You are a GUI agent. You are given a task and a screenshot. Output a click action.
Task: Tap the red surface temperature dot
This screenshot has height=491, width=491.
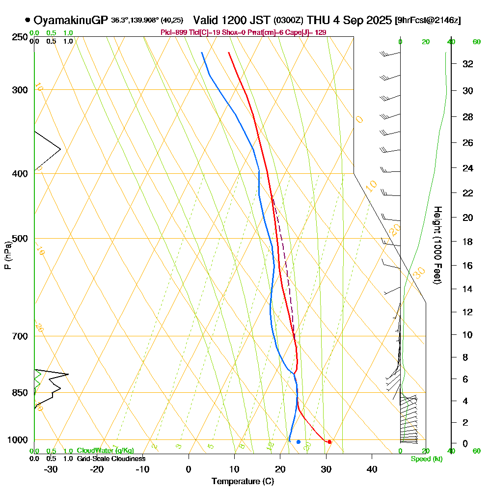(x=329, y=442)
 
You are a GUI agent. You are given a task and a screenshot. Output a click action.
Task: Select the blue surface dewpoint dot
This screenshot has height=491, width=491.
(x=298, y=442)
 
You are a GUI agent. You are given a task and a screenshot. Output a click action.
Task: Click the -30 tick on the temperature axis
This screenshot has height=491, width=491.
(x=51, y=469)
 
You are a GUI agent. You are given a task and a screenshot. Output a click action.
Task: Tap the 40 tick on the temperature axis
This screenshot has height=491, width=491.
(x=372, y=469)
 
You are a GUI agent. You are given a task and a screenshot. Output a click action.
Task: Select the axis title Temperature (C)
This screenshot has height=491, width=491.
(x=243, y=482)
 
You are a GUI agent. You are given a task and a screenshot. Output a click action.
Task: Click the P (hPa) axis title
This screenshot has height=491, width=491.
(x=7, y=255)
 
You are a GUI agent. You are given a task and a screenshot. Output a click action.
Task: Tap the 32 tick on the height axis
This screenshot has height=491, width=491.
(x=468, y=64)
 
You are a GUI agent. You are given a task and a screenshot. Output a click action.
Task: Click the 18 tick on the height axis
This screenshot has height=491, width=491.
(x=468, y=242)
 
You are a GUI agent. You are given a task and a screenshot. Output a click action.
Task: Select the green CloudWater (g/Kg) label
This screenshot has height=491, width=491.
(x=105, y=451)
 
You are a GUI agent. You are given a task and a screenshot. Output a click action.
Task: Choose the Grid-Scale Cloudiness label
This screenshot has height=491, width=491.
(x=111, y=459)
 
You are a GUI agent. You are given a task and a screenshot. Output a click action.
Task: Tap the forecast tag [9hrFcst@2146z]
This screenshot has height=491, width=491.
(x=428, y=21)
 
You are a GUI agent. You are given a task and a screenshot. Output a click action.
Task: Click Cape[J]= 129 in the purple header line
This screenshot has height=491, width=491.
(x=308, y=32)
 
